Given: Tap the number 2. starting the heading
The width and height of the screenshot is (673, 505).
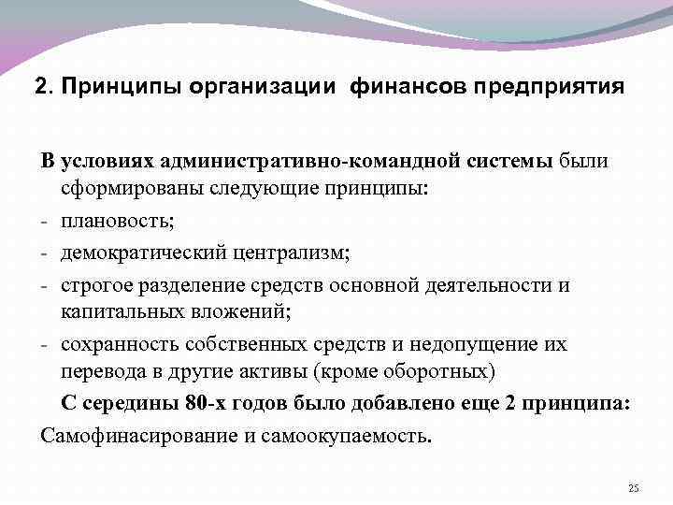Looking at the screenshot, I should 44,87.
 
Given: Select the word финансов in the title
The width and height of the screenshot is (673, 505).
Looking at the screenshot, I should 408,87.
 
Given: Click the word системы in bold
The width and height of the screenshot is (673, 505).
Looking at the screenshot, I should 506,161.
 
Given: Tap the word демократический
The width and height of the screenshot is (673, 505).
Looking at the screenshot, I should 147,253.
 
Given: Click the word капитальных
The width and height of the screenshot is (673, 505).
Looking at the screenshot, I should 119,314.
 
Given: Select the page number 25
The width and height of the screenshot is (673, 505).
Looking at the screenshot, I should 634,488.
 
